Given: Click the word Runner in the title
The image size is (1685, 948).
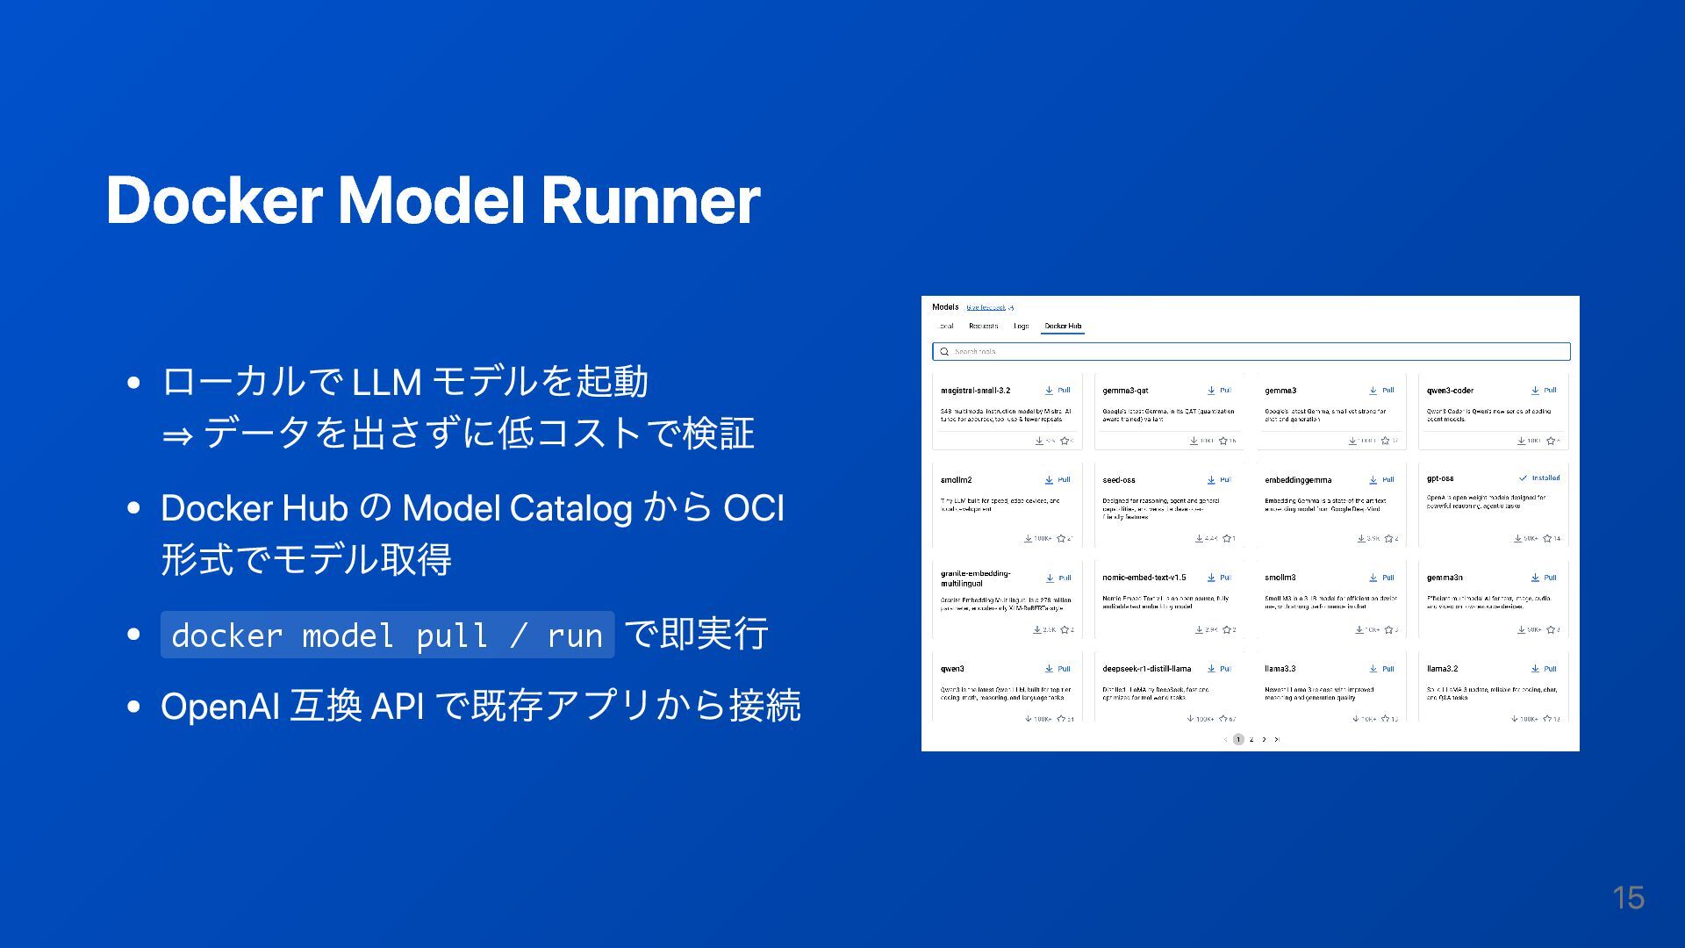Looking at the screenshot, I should (x=650, y=200).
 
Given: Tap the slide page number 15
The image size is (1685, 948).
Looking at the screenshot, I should (x=1628, y=897).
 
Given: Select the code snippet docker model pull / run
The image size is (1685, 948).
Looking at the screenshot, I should (x=387, y=635).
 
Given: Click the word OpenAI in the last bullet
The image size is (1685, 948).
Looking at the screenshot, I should (x=219, y=706).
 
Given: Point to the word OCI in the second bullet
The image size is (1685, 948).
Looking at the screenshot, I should (x=753, y=508).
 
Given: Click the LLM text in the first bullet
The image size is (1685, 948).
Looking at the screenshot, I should (x=386, y=382).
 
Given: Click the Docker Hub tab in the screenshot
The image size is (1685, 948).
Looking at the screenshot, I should (x=1063, y=326).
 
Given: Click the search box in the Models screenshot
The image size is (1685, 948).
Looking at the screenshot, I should (x=1251, y=351).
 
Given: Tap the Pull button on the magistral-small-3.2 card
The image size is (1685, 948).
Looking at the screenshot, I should (x=1058, y=391).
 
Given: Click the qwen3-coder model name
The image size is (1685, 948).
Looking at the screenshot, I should (x=1450, y=391).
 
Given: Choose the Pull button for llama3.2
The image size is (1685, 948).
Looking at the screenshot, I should (x=1545, y=669).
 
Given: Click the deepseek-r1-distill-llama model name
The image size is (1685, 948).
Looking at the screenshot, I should (x=1147, y=669).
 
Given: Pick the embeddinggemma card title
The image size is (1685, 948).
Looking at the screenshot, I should (x=1298, y=480).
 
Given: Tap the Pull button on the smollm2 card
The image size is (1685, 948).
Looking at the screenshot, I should (x=1058, y=480).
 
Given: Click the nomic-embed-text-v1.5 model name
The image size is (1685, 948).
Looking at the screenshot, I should (x=1144, y=578).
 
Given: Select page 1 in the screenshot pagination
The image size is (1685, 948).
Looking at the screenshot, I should (x=1238, y=739).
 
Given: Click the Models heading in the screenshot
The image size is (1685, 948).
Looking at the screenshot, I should (x=945, y=307).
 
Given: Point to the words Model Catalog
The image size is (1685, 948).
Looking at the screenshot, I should (x=517, y=508).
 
